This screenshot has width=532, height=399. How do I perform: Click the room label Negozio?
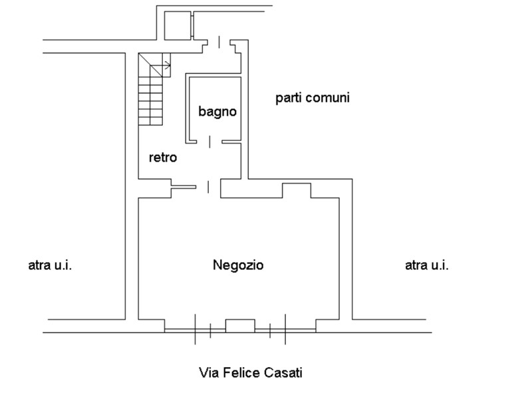point(238,265)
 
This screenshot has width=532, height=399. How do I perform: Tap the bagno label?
point(217,111)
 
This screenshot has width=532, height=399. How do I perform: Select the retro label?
point(162,158)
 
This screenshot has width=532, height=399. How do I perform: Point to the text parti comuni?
point(313,98)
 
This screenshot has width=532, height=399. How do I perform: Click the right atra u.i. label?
point(426,265)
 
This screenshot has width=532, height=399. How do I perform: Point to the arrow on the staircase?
point(166,65)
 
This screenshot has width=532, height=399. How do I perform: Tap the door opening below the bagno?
point(209,141)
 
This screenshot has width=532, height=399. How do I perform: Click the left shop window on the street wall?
point(195,328)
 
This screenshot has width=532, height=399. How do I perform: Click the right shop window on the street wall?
point(285,328)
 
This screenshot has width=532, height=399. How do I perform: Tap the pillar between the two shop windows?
point(240,325)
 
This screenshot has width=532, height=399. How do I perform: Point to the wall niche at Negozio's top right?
point(297,190)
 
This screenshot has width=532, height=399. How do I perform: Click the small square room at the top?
point(177,25)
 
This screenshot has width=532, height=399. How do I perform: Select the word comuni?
point(329,98)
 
